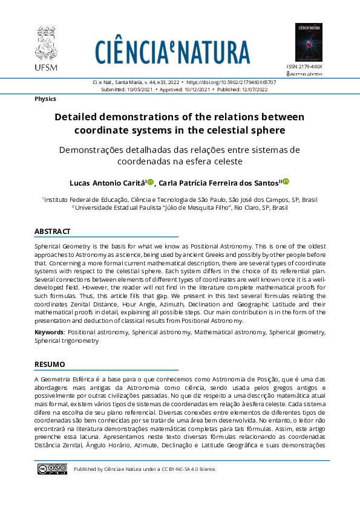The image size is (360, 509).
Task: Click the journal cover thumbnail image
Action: [309, 42]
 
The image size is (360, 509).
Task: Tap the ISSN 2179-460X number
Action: [304, 66]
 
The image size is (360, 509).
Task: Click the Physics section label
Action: [45, 99]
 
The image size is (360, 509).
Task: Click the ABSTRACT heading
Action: [53, 232]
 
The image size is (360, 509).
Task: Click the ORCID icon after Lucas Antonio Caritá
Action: [151, 181]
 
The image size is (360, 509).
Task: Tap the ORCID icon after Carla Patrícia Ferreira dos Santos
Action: [286, 181]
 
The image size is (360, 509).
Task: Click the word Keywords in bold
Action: [49, 332]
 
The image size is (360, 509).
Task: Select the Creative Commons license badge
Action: [52, 469]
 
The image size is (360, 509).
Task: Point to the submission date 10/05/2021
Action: [139, 89]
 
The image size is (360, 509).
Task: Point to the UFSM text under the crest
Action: [45, 66]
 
